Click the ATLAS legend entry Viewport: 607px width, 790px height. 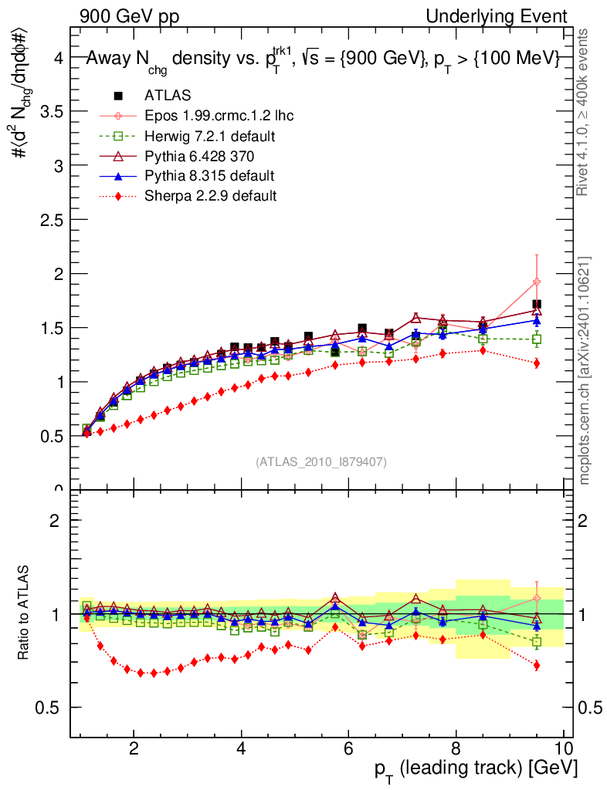(x=167, y=96)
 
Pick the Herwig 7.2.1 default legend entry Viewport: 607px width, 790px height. (x=210, y=136)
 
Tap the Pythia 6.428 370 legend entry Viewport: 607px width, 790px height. (x=204, y=156)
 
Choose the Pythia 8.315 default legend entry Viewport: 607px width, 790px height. (x=209, y=176)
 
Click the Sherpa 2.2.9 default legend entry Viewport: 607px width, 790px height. (x=210, y=196)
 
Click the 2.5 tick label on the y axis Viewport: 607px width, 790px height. (x=52, y=220)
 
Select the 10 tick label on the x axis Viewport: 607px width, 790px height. (x=563, y=748)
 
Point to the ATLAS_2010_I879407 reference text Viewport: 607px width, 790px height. (x=321, y=462)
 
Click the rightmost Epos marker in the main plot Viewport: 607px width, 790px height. (x=536, y=282)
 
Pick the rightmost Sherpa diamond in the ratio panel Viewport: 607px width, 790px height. (x=536, y=665)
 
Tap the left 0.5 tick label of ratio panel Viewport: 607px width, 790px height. (x=52, y=707)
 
